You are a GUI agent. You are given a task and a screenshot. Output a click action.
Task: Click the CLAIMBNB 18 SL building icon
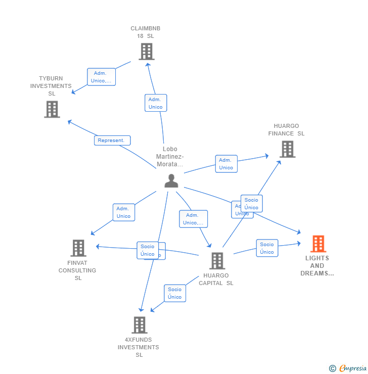tap(146, 52)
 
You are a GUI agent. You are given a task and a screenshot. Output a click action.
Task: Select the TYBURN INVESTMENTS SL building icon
tap(52, 109)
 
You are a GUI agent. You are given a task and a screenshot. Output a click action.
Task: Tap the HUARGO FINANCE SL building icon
tap(287, 149)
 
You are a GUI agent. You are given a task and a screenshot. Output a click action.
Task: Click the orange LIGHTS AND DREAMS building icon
tap(318, 244)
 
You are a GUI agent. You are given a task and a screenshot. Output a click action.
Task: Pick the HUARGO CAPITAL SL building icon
tap(217, 261)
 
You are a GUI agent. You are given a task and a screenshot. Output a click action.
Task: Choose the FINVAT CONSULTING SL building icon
tap(78, 248)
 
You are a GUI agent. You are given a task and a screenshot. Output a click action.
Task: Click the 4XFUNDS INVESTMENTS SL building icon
tap(140, 325)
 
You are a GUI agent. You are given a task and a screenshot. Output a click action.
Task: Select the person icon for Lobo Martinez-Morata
tap(171, 181)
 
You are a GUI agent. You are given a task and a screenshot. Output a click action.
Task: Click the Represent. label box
tap(112, 141)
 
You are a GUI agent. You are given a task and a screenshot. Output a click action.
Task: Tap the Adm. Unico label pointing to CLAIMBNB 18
tap(156, 103)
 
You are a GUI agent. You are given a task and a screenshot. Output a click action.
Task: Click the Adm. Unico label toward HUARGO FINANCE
tap(226, 164)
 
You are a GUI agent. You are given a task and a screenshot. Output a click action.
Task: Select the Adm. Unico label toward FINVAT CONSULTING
tap(123, 212)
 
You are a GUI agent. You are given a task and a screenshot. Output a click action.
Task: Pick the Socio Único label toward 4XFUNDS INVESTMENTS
tap(174, 293)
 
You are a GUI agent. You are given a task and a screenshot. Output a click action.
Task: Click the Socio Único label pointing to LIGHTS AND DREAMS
tap(267, 248)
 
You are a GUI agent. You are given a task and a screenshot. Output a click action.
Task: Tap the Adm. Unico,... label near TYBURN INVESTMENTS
tap(101, 77)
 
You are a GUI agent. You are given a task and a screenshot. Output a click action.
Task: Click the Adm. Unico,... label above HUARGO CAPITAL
tap(193, 219)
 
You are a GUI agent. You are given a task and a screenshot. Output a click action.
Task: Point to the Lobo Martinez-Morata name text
tap(170, 157)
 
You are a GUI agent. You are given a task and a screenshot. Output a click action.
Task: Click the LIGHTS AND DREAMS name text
tap(317, 266)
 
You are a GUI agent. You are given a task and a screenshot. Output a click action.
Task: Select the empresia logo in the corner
tap(349, 368)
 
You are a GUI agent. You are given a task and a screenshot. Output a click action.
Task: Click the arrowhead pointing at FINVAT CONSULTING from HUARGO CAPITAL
tap(98, 247)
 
